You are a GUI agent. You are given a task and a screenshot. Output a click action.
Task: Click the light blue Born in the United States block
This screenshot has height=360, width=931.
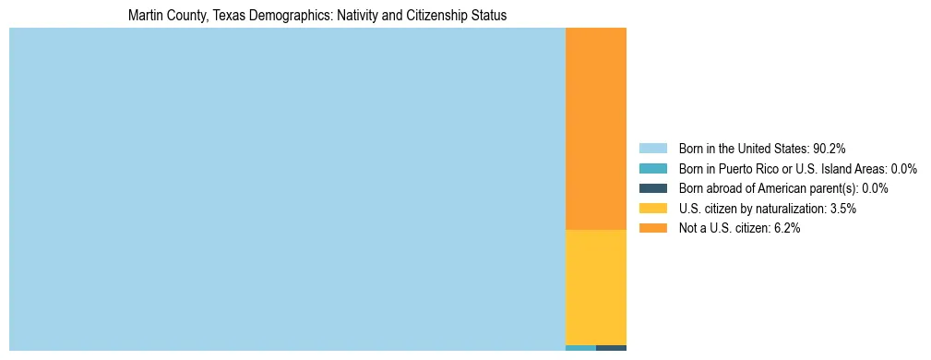[x=286, y=189]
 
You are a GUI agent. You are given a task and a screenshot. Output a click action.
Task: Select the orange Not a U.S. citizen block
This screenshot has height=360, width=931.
[x=595, y=129]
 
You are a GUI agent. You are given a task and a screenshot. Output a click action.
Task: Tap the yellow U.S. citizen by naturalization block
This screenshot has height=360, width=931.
[x=595, y=286]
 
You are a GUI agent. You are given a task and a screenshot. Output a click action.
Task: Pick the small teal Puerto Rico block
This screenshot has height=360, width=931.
[x=580, y=348]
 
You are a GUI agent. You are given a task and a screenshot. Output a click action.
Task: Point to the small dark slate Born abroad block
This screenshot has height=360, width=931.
[x=611, y=348]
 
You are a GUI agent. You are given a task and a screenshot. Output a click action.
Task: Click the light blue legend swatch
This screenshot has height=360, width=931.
[x=652, y=149]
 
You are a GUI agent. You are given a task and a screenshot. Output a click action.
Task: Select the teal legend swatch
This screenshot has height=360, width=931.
[x=652, y=169]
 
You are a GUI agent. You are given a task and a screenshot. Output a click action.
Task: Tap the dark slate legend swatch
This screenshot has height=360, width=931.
[x=652, y=188]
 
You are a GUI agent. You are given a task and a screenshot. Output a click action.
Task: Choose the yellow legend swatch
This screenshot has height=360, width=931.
[x=652, y=209]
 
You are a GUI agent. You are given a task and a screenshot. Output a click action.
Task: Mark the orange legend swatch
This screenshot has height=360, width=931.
[x=652, y=229]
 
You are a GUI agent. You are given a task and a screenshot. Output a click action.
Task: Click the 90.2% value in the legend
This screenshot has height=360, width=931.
[x=829, y=149]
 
